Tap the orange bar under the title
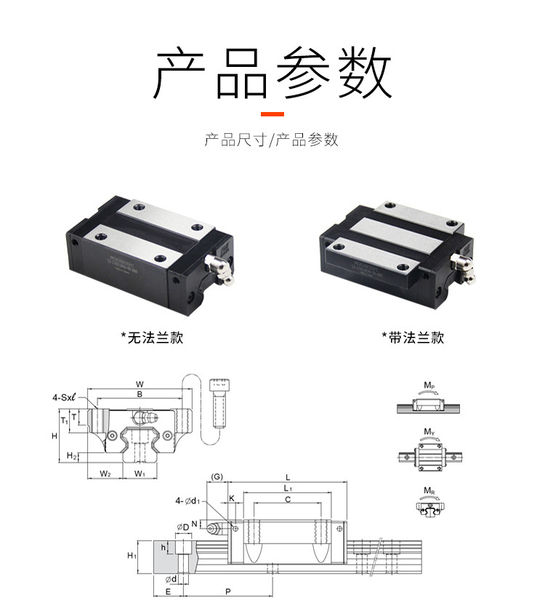click(x=272, y=114)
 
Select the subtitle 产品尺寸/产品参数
click(x=272, y=140)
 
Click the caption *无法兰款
click(x=152, y=338)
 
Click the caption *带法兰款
click(x=412, y=338)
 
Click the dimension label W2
click(x=105, y=474)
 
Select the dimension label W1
click(x=140, y=474)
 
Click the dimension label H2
click(x=71, y=455)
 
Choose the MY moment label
click(x=429, y=432)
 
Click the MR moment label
click(x=429, y=490)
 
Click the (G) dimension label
click(x=217, y=477)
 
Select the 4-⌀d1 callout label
click(x=187, y=501)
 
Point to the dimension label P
click(x=227, y=592)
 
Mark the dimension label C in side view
click(x=288, y=500)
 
